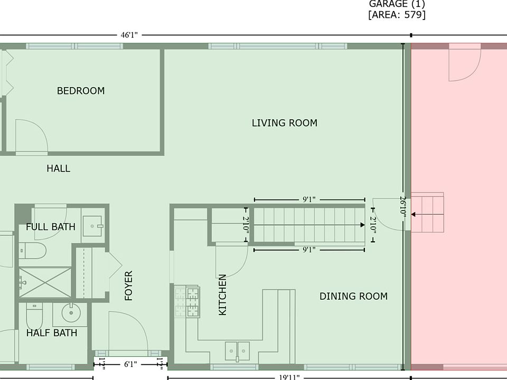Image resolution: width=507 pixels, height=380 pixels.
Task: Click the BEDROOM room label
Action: pos(81,91)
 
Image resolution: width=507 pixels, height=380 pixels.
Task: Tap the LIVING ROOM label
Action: pos(285,123)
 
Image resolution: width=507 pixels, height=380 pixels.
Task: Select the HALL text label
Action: pos(58,168)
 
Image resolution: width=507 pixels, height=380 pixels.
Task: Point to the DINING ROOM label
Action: pos(353,296)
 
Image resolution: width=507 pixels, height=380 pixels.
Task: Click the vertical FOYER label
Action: pos(129,286)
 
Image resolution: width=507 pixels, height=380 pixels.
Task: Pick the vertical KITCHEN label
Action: pos(222,294)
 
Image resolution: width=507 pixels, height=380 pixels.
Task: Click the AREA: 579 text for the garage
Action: pos(397,15)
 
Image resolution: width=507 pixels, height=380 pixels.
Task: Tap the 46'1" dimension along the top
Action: pos(129,35)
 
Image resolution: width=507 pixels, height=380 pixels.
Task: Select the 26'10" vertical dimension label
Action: pos(403,207)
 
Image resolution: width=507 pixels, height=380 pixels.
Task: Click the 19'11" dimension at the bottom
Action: pos(289,377)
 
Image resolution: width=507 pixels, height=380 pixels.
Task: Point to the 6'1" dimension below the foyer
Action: pos(130,365)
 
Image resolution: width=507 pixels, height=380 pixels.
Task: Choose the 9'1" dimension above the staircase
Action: pos(309,199)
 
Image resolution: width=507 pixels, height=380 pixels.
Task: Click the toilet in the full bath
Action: pos(33,251)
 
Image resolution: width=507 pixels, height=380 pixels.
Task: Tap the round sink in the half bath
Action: pos(71,312)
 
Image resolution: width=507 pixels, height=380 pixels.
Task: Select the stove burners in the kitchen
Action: pos(187,301)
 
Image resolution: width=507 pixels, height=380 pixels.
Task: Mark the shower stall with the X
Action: pos(45,282)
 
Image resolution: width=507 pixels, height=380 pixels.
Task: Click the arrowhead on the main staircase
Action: pos(362,225)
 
